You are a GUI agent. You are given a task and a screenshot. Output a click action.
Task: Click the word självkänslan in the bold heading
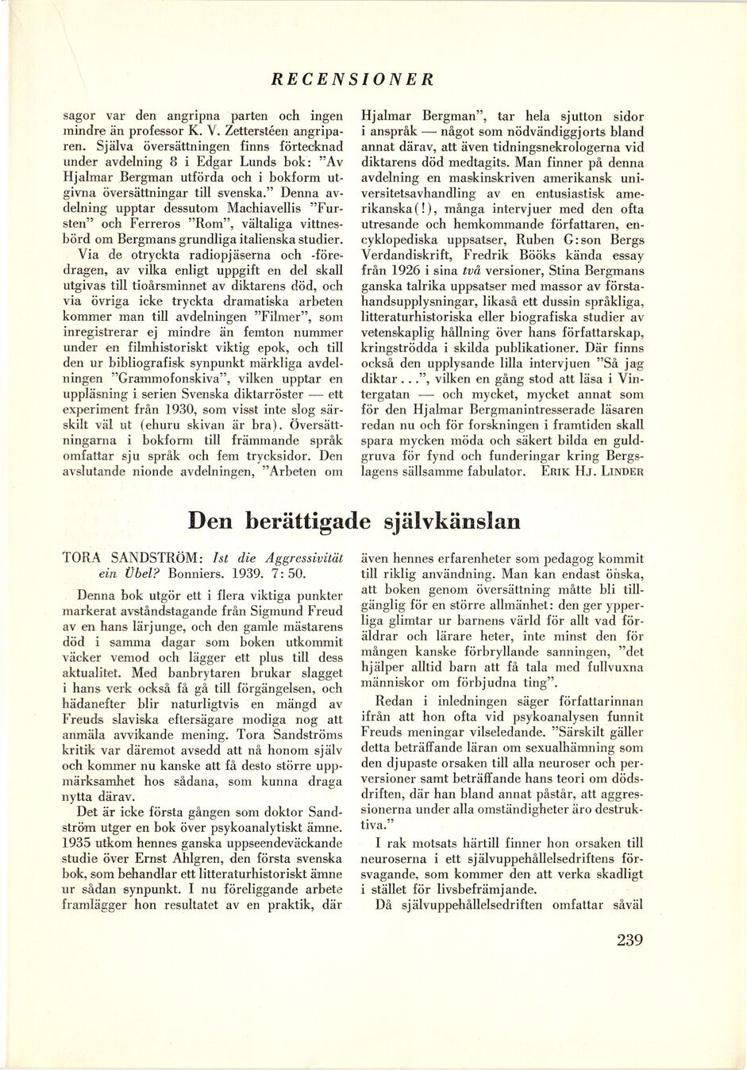(x=452, y=522)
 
